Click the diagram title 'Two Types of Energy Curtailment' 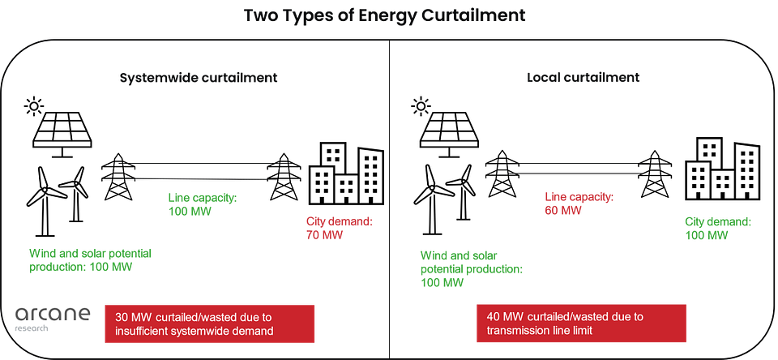point(384,15)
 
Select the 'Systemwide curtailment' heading point(198,78)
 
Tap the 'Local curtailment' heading point(583,78)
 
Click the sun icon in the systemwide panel point(34,105)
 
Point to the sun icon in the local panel point(421,105)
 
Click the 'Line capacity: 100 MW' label point(203,204)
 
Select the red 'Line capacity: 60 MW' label point(579,203)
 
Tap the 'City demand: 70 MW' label point(339,228)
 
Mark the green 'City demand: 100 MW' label point(718,228)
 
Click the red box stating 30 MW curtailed point(209,324)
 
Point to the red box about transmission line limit point(581,324)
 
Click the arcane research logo point(53,319)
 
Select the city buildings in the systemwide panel point(346,174)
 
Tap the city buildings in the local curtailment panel point(722,169)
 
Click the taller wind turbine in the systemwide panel point(45,199)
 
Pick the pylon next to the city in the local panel point(655,174)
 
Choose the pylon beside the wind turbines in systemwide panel point(118,177)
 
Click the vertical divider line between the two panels point(390,199)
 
